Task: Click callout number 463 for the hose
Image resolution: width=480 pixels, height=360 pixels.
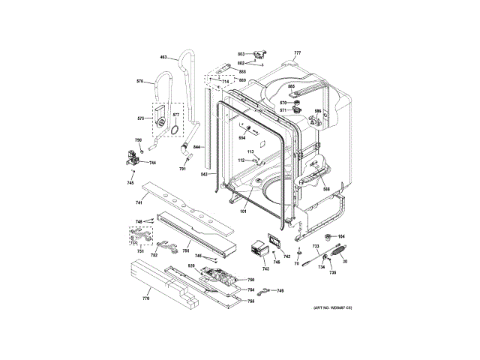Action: pyautogui.click(x=163, y=58)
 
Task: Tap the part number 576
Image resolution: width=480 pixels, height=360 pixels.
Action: pyautogui.click(x=139, y=81)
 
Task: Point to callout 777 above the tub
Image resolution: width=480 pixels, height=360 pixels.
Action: pyautogui.click(x=297, y=52)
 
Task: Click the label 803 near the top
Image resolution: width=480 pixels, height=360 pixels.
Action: pyautogui.click(x=241, y=54)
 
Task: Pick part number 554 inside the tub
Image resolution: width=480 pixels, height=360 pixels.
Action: pyautogui.click(x=242, y=137)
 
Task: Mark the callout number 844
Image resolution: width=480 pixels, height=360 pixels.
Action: pyautogui.click(x=196, y=147)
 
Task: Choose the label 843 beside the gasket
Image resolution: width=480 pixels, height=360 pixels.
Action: pyautogui.click(x=203, y=174)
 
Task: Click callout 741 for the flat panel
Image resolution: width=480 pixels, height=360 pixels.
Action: pyautogui.click(x=139, y=202)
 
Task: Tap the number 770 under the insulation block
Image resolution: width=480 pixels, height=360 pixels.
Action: pyautogui.click(x=146, y=298)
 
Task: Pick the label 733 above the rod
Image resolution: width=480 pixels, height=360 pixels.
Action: pyautogui.click(x=316, y=246)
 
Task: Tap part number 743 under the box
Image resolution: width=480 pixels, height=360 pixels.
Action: pyautogui.click(x=265, y=268)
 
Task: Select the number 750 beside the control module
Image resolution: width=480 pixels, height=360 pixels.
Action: pyautogui.click(x=251, y=280)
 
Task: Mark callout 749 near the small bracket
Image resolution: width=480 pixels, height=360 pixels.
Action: pyautogui.click(x=280, y=290)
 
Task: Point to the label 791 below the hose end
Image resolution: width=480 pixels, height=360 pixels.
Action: pyautogui.click(x=182, y=169)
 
